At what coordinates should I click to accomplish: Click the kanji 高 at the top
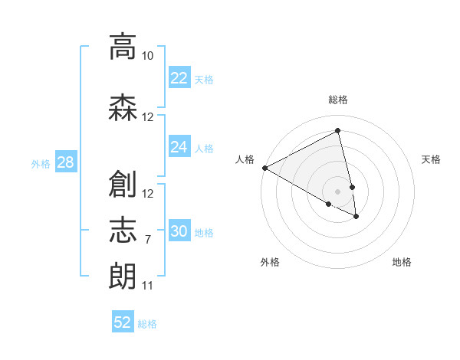coord(123,47)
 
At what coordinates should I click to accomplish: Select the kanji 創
coord(123,183)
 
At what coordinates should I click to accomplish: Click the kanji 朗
coord(123,275)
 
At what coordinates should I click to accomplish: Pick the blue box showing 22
coord(179,78)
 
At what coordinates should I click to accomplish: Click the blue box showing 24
coord(179,147)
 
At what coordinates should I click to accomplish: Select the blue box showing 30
coord(179,231)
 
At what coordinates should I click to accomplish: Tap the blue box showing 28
coord(64,162)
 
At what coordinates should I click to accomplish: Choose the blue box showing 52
coord(123,322)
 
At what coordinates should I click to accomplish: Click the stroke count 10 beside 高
coord(147,56)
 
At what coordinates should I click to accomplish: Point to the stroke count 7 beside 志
coord(147,240)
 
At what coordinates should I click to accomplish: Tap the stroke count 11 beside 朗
coord(147,286)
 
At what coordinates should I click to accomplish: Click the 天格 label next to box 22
coord(204,79)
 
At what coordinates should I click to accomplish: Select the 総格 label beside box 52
coord(147,324)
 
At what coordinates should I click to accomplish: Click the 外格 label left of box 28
coord(40,163)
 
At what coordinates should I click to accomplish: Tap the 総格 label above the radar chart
coord(338,100)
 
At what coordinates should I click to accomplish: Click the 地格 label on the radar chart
coord(402,262)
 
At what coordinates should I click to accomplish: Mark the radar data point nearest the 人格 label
coord(264,168)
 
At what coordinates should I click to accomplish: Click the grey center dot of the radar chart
coord(338,191)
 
